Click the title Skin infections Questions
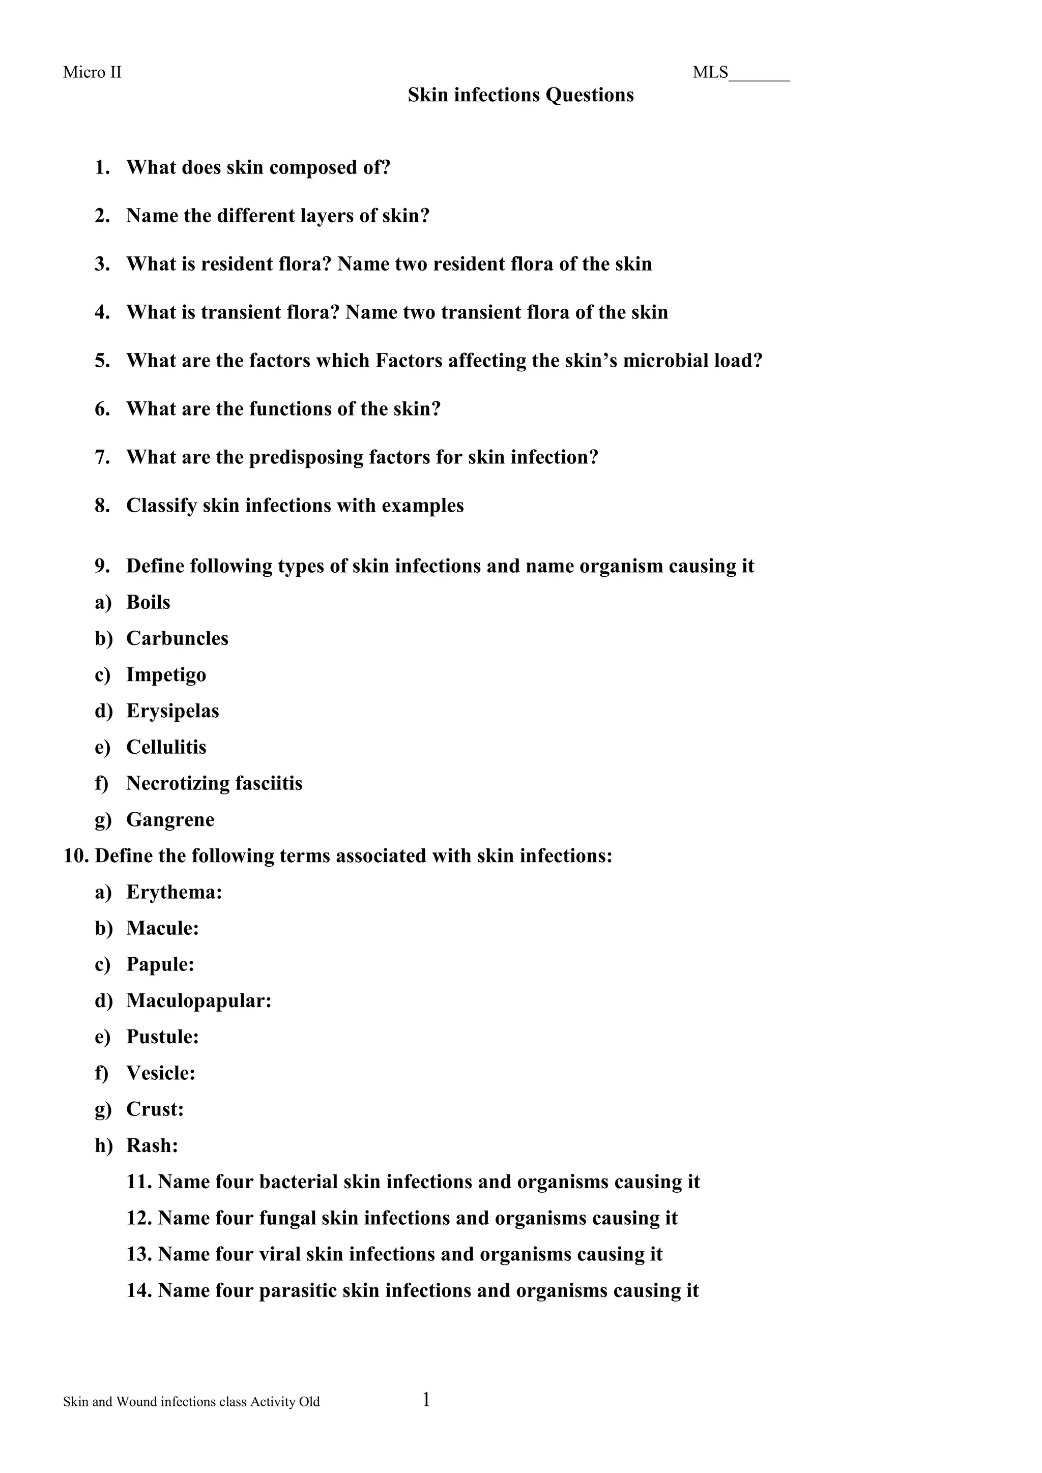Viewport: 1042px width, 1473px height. click(520, 95)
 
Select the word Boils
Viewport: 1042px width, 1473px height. click(148, 602)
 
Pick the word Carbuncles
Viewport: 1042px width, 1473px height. click(177, 638)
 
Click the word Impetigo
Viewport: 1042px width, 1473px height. click(166, 675)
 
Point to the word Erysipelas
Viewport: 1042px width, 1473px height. click(172, 711)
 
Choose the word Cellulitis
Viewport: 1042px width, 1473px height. click(166, 747)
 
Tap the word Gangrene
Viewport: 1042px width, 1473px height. click(170, 820)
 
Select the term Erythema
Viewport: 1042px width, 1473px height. click(172, 893)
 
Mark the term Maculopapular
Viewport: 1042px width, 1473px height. click(197, 1001)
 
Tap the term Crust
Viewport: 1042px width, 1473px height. click(153, 1109)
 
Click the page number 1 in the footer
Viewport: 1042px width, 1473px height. click(426, 1400)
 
